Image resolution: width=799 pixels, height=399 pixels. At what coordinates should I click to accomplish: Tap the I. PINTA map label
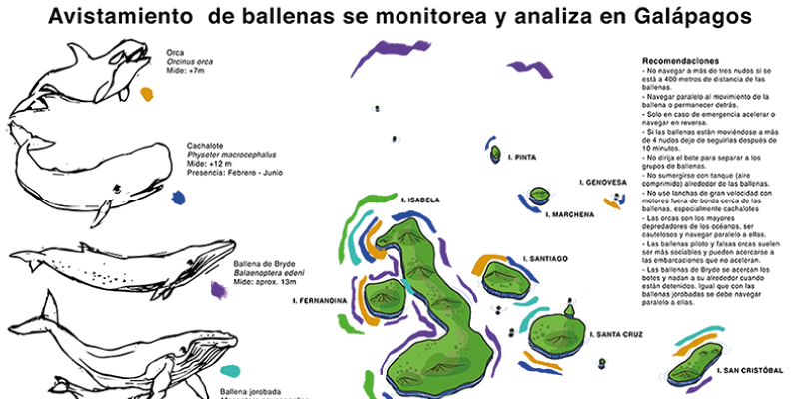click(523, 158)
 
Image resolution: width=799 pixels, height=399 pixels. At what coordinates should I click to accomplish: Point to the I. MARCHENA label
click(570, 213)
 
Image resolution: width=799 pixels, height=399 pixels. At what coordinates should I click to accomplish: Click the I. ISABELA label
click(420, 200)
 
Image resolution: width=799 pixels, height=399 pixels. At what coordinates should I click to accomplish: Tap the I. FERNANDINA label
click(320, 299)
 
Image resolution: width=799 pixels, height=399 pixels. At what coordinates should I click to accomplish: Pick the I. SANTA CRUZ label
click(617, 334)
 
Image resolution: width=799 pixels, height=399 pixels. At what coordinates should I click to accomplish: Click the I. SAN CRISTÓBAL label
click(750, 371)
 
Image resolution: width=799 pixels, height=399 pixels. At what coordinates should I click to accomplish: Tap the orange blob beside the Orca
click(147, 94)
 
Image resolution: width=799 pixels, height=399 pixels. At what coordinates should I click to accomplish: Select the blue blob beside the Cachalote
click(178, 199)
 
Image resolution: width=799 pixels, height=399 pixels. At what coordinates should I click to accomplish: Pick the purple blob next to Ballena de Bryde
click(218, 290)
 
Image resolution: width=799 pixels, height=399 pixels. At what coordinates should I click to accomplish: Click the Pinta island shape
click(494, 153)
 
